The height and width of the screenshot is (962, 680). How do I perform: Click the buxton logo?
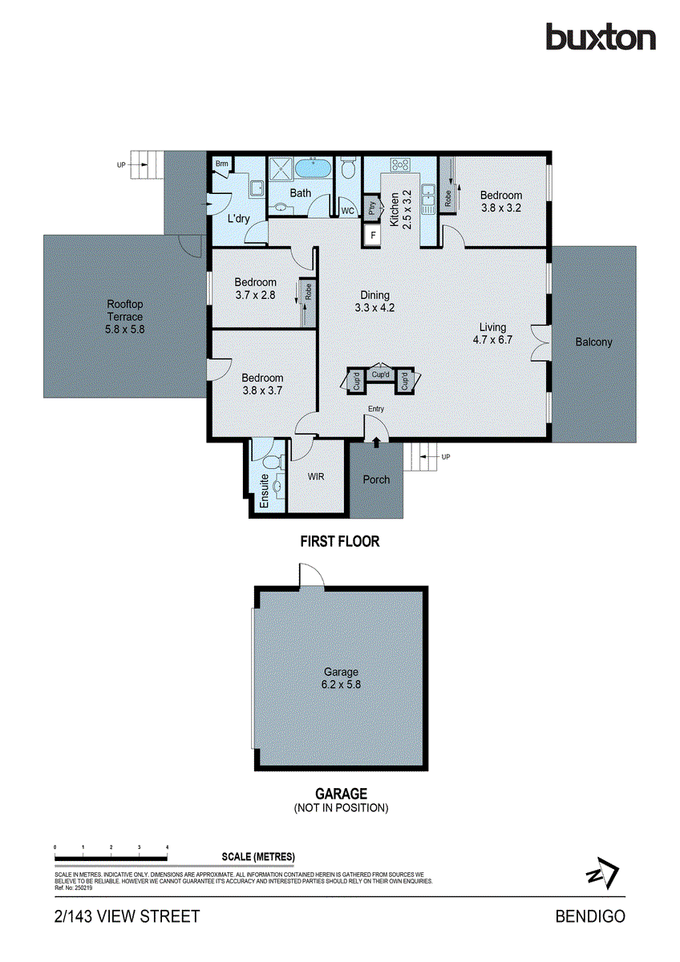pyautogui.click(x=601, y=37)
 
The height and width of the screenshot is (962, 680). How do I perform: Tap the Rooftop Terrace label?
pyautogui.click(x=125, y=317)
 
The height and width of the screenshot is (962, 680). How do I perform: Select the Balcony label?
pyautogui.click(x=593, y=342)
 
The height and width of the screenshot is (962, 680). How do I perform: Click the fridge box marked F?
pyautogui.click(x=373, y=236)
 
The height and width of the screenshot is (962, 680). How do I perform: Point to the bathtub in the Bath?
pyautogui.click(x=312, y=170)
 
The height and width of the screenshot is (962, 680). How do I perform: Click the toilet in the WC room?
pyautogui.click(x=348, y=170)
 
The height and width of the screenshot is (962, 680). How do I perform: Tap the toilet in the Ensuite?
pyautogui.click(x=270, y=463)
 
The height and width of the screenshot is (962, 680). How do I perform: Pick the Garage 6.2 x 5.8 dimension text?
pyautogui.click(x=341, y=685)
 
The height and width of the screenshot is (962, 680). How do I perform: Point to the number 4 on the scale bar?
pyautogui.click(x=167, y=847)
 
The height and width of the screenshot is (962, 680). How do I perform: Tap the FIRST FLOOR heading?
pyautogui.click(x=339, y=542)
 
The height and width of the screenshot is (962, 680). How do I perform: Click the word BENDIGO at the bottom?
pyautogui.click(x=590, y=916)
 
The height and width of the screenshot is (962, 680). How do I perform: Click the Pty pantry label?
pyautogui.click(x=372, y=208)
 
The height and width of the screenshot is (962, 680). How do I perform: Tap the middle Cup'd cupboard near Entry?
pyautogui.click(x=380, y=374)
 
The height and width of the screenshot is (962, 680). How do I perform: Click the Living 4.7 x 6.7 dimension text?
pyautogui.click(x=492, y=333)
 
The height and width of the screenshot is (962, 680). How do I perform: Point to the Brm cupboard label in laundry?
pyautogui.click(x=222, y=164)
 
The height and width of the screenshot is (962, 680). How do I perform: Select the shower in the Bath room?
pyautogui.click(x=281, y=170)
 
